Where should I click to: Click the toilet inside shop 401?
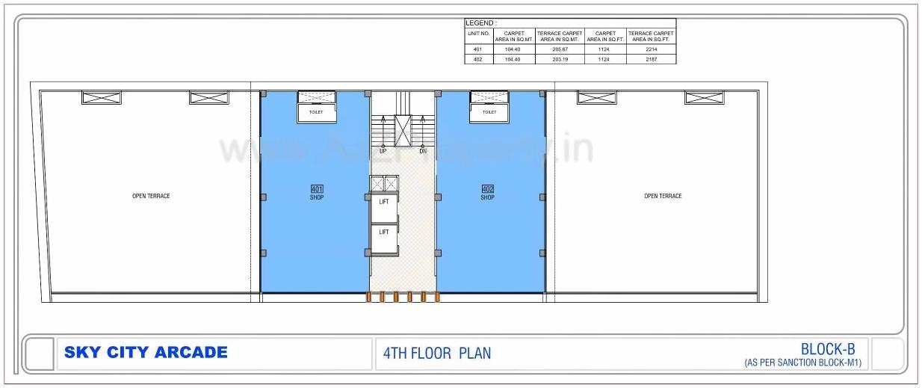(317, 112)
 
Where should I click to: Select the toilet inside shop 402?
(489, 112)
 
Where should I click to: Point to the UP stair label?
(383, 151)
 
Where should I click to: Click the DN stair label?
(423, 151)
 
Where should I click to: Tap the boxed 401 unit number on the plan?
(317, 189)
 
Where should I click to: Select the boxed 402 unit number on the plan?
(488, 189)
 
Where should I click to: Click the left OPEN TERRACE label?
(151, 196)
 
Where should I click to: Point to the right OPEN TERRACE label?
(663, 196)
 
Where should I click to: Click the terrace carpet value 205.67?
(560, 49)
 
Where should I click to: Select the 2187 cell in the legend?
(651, 59)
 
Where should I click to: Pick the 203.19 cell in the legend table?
(560, 59)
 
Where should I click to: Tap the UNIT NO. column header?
(478, 34)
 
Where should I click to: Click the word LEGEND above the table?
(480, 23)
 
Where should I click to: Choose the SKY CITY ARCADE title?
(146, 353)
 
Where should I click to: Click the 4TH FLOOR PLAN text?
(437, 353)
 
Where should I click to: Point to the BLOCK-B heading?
(828, 348)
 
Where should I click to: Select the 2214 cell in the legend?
(651, 49)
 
